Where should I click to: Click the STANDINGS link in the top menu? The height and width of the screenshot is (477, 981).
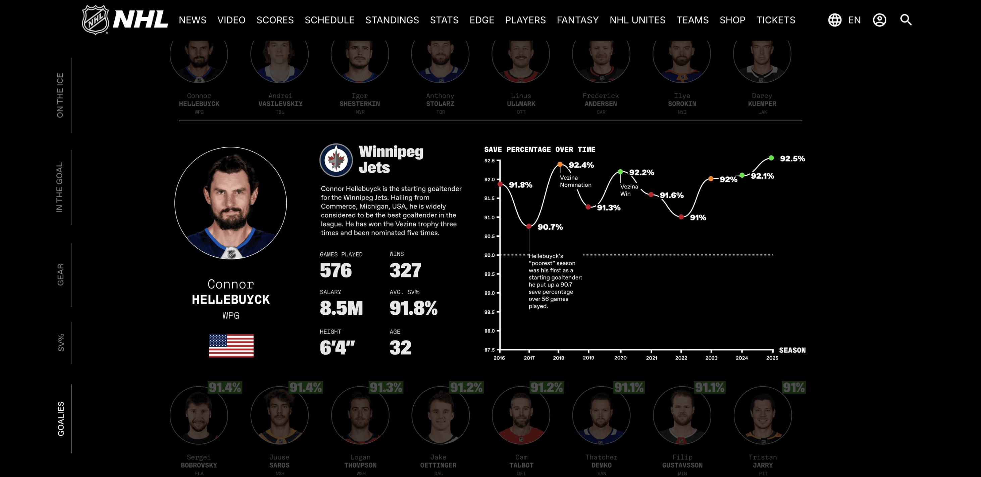coord(392,20)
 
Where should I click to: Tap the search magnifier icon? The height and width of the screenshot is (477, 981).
coord(906,20)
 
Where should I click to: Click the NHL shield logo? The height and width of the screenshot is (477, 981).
coord(96,20)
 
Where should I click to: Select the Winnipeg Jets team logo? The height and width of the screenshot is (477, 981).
coord(336,160)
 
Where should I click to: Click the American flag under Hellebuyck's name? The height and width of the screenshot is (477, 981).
coord(231,345)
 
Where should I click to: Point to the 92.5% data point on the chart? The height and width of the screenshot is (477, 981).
coord(771,158)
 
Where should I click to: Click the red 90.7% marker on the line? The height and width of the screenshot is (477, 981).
coord(529,226)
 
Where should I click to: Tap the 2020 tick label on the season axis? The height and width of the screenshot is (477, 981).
coord(620,358)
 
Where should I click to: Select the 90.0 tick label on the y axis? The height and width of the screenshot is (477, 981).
coord(489,255)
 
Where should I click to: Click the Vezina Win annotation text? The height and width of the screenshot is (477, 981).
coord(629,190)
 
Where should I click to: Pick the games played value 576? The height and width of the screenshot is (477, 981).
coord(335,270)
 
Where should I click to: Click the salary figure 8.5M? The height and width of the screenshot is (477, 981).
coord(341,308)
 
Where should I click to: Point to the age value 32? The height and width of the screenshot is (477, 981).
coord(400,348)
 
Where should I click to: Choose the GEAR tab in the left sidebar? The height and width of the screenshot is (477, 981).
coord(60,274)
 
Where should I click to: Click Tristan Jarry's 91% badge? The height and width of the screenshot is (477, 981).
coord(794,387)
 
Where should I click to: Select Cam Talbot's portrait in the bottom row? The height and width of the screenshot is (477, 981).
coord(521,416)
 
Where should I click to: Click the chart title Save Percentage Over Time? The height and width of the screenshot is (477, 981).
coord(539,149)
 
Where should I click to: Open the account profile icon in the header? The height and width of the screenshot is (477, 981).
coord(879,20)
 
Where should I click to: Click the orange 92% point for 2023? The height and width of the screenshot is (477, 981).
coord(711,179)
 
